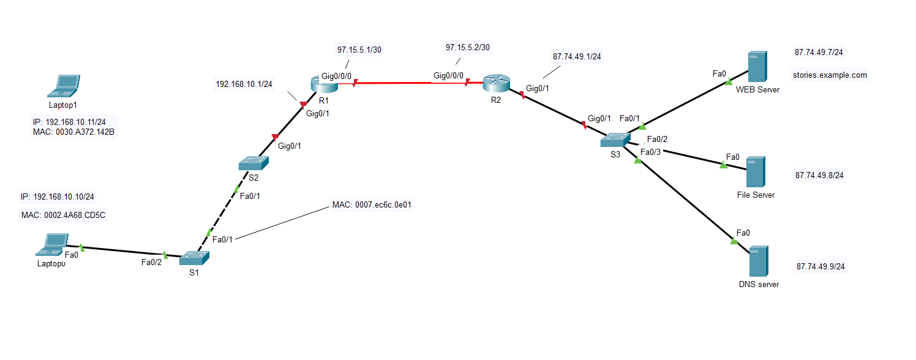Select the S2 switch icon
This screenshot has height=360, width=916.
(x=253, y=163)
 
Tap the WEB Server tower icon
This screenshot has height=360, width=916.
(x=757, y=67)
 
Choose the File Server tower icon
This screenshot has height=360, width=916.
(x=756, y=172)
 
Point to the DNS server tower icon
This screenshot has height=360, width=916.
(x=759, y=262)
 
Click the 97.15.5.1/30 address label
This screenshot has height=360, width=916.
(x=359, y=50)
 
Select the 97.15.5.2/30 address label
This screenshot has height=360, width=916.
(x=468, y=47)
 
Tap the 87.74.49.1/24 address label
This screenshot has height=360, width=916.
(x=577, y=57)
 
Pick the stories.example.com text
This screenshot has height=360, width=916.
(x=830, y=75)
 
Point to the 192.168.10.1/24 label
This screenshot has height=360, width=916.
(x=244, y=84)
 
